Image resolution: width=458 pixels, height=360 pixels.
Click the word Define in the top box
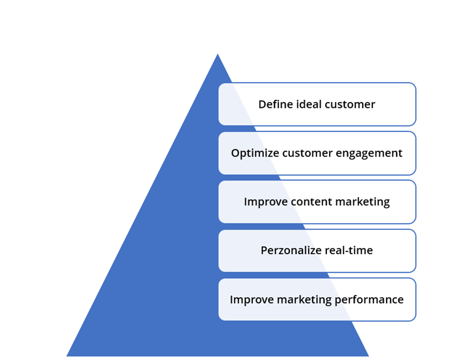pos(276,104)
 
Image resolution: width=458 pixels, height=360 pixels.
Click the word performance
pos(369,300)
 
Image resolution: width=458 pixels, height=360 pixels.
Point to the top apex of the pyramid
pos(217,54)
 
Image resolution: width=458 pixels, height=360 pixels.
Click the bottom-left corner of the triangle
pos(67,356)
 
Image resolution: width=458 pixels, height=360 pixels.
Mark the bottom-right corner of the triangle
pos(369,356)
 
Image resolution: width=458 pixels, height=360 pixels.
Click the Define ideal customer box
pos(317,104)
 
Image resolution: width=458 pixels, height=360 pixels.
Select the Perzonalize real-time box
pos(317,251)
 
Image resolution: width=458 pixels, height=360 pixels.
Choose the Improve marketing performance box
pos(317,300)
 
